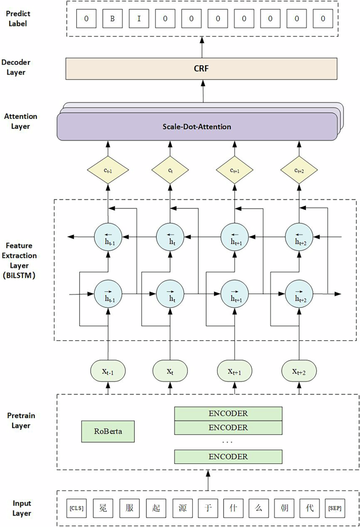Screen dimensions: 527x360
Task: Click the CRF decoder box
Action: pos(201,68)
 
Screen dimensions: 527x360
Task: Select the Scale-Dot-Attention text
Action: pos(196,127)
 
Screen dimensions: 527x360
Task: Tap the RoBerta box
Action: pos(108,431)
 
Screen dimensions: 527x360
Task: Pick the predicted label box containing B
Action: pos(111,19)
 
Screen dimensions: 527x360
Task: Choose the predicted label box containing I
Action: pos(138,19)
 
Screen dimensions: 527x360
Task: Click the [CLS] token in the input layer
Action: pos(77,508)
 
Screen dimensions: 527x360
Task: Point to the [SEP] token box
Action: pos(334,508)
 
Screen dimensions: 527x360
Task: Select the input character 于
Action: pos(205,508)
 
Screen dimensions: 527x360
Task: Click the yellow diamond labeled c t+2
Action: pos(299,170)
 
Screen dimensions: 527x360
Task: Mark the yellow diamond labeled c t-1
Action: pos(108,170)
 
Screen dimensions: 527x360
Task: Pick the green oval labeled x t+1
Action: pos(234,371)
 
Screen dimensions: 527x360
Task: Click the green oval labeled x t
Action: pos(170,371)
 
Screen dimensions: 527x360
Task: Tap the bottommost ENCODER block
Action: pos(228,457)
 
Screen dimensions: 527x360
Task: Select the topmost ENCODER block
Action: pos(228,413)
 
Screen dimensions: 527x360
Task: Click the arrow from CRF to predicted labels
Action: pos(202,47)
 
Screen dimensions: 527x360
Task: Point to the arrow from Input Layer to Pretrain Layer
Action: pos(208,480)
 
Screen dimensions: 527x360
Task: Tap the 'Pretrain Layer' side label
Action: pos(21,420)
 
